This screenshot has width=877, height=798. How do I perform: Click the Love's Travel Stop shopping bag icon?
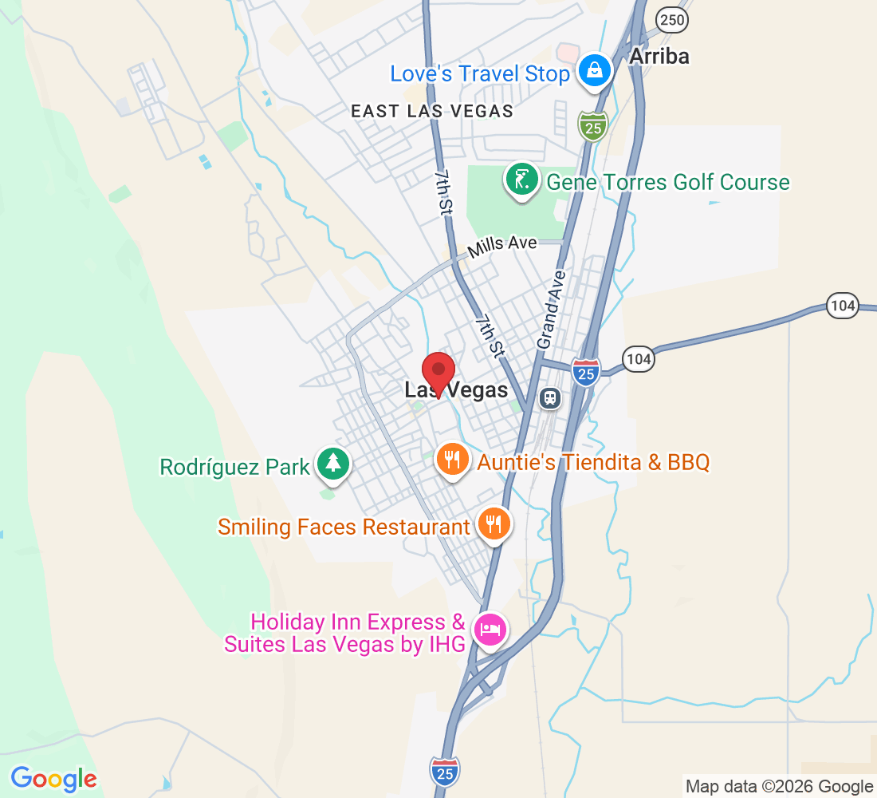point(595,71)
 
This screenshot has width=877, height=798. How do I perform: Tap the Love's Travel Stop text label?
point(479,74)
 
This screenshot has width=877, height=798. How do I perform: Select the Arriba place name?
point(659,56)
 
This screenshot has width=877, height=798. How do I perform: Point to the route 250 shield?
point(673,20)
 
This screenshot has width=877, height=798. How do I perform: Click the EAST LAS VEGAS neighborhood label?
point(432,112)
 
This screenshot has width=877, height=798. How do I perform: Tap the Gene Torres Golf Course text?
point(667,183)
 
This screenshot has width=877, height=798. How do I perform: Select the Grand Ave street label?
point(551,310)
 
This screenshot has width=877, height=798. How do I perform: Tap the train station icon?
point(549,397)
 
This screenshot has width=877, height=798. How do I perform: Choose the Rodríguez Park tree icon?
point(332,463)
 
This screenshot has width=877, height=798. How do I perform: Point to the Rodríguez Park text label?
point(234,467)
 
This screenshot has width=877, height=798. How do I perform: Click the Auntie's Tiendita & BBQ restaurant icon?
point(452,460)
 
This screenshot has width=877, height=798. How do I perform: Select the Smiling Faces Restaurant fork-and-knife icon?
point(494,524)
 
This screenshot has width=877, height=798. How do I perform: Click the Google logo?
point(53,778)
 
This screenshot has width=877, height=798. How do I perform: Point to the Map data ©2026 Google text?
point(779,787)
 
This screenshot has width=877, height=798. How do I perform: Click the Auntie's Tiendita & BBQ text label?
point(593,462)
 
